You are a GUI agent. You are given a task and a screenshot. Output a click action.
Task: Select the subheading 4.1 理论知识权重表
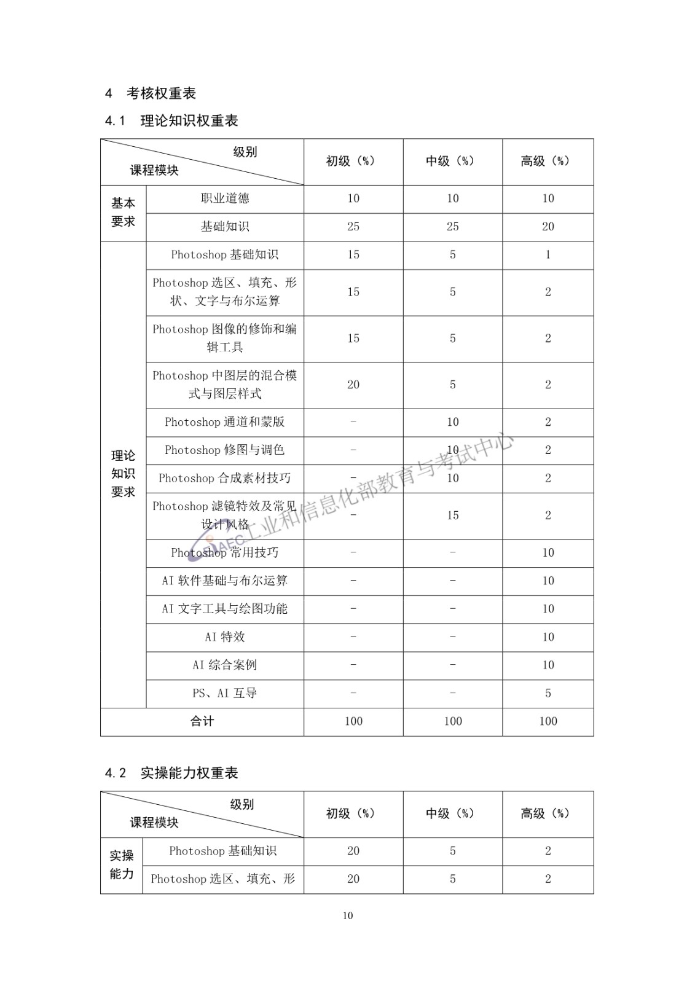tap(171, 121)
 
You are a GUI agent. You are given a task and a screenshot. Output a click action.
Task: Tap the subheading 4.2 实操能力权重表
tap(171, 773)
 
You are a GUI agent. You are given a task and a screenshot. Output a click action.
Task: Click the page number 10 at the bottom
tap(348, 915)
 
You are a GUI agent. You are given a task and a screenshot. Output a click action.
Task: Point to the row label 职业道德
tap(225, 198)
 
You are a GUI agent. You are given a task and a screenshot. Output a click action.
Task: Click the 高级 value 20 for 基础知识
tap(548, 227)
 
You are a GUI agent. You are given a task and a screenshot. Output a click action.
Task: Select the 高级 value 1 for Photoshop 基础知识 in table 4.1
tap(548, 255)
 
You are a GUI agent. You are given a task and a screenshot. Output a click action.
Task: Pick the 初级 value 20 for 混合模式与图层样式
tap(353, 385)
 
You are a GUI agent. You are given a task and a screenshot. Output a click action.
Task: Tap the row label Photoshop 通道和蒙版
tap(225, 422)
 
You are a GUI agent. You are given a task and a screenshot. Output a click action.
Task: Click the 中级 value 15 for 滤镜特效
tap(453, 515)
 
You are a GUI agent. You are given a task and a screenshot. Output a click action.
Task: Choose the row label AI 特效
tap(225, 637)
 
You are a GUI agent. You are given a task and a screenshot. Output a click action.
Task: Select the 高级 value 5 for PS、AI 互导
tap(548, 693)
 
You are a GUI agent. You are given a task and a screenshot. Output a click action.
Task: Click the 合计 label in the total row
tap(202, 721)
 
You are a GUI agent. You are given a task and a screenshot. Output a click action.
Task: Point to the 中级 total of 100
tap(453, 721)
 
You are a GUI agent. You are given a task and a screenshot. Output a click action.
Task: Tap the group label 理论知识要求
tap(123, 474)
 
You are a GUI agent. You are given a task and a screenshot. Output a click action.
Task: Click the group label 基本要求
tap(123, 212)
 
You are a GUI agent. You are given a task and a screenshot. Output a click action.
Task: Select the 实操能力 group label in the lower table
tap(122, 864)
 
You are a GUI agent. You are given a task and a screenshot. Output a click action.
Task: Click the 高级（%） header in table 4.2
tap(545, 814)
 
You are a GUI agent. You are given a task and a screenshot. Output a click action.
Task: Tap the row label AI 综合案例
tap(225, 665)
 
